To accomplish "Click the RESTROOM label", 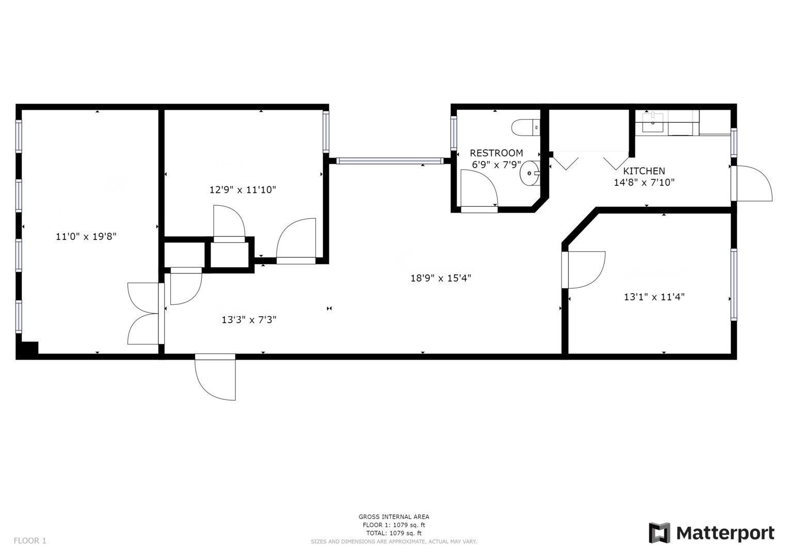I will (x=496, y=153).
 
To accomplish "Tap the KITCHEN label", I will (x=644, y=171).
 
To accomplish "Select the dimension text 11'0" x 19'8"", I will (x=86, y=237).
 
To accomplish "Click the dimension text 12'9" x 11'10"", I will (x=243, y=189).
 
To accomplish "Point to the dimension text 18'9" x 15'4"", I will (x=441, y=278).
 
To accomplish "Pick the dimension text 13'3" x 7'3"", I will (x=249, y=320).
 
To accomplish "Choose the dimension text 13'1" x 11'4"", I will (x=654, y=297).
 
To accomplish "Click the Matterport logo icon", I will (x=659, y=533).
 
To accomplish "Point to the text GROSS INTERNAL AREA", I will (x=394, y=516).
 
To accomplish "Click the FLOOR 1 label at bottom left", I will (x=30, y=540).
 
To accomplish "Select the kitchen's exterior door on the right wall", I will (x=752, y=184).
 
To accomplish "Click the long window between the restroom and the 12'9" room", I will (x=390, y=161).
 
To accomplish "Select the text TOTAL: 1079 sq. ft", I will (x=394, y=533).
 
